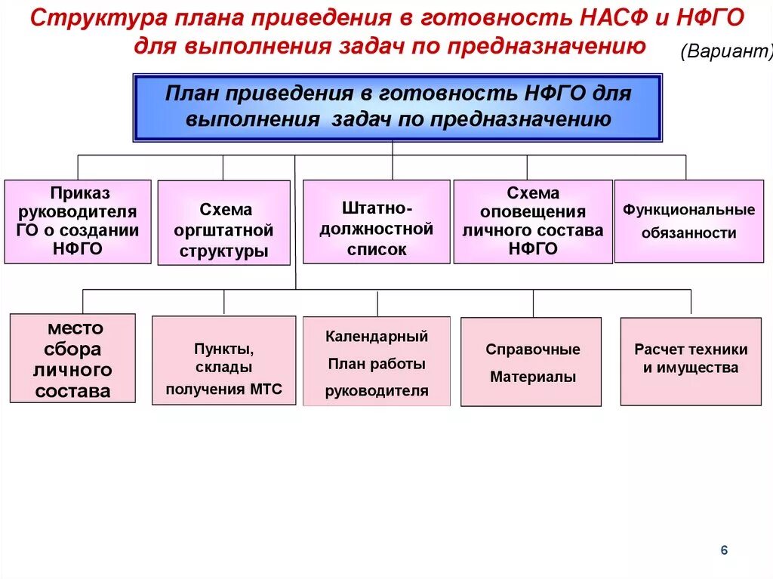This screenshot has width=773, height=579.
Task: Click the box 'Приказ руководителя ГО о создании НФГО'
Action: [78, 221]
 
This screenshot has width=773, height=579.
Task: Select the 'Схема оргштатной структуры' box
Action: [224, 223]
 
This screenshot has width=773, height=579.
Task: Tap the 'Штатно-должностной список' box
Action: [376, 221]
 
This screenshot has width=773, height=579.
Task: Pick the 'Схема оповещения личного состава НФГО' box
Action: [532, 221]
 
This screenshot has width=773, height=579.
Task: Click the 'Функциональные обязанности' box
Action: [688, 221]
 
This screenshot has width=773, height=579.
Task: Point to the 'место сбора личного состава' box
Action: [72, 359]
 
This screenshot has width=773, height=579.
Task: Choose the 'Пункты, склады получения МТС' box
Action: [223, 361]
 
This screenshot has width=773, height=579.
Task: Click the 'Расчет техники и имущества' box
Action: [691, 362]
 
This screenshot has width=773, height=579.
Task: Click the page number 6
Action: [724, 550]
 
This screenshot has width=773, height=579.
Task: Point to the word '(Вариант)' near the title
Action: [727, 51]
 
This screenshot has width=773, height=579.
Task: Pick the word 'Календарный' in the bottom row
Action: [377, 336]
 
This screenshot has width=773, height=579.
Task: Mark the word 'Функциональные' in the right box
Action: [688, 210]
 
